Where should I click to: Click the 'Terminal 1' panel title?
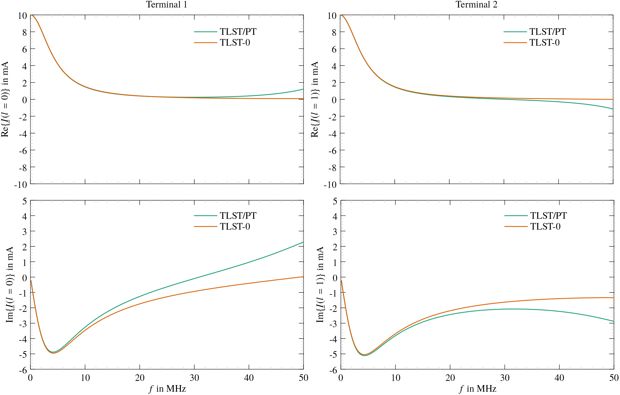pyautogui.click(x=166, y=5)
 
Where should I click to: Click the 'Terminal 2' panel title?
pyautogui.click(x=476, y=5)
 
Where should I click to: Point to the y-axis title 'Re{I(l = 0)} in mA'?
pyautogui.click(x=5, y=99)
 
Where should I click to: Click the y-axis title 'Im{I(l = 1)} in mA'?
pyautogui.click(x=320, y=285)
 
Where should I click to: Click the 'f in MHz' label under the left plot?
pyautogui.click(x=167, y=389)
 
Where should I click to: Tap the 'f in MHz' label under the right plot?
pyautogui.click(x=478, y=389)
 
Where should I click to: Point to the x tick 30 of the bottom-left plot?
pyautogui.click(x=194, y=378)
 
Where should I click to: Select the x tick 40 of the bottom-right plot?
pyautogui.click(x=559, y=378)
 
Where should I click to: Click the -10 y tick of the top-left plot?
pyautogui.click(x=20, y=185)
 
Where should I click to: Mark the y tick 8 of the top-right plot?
pyautogui.click(x=334, y=32)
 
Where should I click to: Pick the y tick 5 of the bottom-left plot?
pyautogui.click(x=24, y=201)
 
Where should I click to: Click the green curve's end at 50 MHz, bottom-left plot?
pyautogui.click(x=303, y=242)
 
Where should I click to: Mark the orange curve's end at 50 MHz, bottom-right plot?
pyautogui.click(x=613, y=298)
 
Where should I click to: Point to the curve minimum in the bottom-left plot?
pyautogui.click(x=53, y=353)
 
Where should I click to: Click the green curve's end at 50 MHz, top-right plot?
pyautogui.click(x=613, y=109)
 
